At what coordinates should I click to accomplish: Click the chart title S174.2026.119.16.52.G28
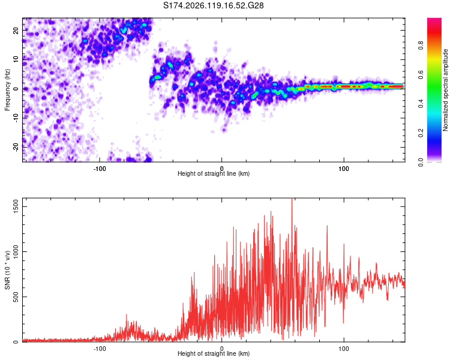[x=213, y=5]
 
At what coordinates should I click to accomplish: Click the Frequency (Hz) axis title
[x=7, y=89]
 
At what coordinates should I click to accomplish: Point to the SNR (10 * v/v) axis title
[x=7, y=270]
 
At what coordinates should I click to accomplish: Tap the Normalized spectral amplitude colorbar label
[x=445, y=90]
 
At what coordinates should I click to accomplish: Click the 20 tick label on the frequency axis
[x=16, y=31]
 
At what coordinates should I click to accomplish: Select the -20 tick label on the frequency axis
[x=16, y=147]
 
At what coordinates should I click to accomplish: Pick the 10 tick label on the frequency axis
[x=16, y=59]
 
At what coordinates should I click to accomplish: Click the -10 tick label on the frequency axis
[x=16, y=118]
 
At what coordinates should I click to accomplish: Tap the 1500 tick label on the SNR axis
[x=16, y=206]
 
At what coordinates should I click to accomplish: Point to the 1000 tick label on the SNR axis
[x=16, y=251]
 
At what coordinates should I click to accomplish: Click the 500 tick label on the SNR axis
[x=16, y=296]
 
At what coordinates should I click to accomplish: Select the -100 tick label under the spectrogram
[x=99, y=169]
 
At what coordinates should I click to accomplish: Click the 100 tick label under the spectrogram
[x=344, y=169]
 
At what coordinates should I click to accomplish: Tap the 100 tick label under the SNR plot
[x=344, y=349]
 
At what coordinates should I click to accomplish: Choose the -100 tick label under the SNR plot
[x=99, y=349]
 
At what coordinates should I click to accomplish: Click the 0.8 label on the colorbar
[x=421, y=45]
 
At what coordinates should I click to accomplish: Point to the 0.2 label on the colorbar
[x=421, y=133]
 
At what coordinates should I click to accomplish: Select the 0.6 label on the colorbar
[x=421, y=74]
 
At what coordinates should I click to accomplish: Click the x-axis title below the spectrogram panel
[x=214, y=173]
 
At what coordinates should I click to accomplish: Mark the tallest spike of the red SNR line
[x=292, y=199]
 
